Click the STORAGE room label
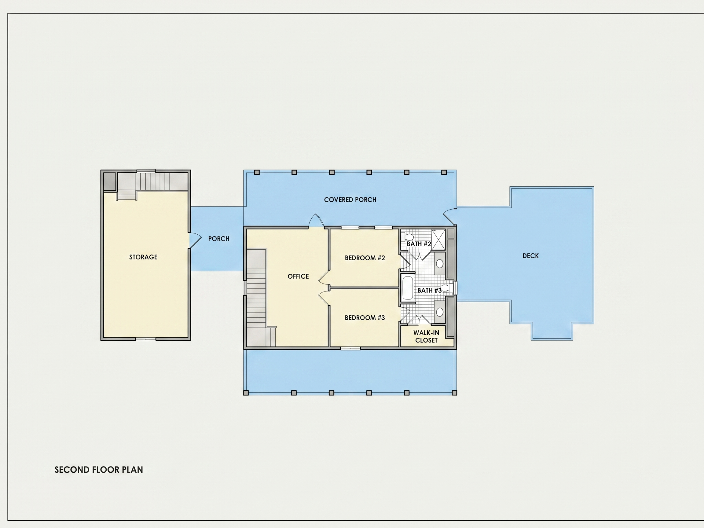point(143,257)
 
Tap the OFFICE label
point(298,276)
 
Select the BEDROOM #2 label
point(365,258)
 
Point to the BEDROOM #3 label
point(365,318)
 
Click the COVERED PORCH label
point(350,200)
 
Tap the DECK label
point(530,255)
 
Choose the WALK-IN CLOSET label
point(426,336)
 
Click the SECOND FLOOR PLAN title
point(99,470)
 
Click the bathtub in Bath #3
point(408,288)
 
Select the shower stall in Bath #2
point(438,239)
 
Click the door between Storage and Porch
point(195,240)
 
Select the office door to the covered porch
point(316,220)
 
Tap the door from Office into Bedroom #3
point(323,298)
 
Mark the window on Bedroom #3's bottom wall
point(350,349)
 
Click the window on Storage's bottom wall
point(146,339)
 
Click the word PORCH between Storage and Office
point(219,239)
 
